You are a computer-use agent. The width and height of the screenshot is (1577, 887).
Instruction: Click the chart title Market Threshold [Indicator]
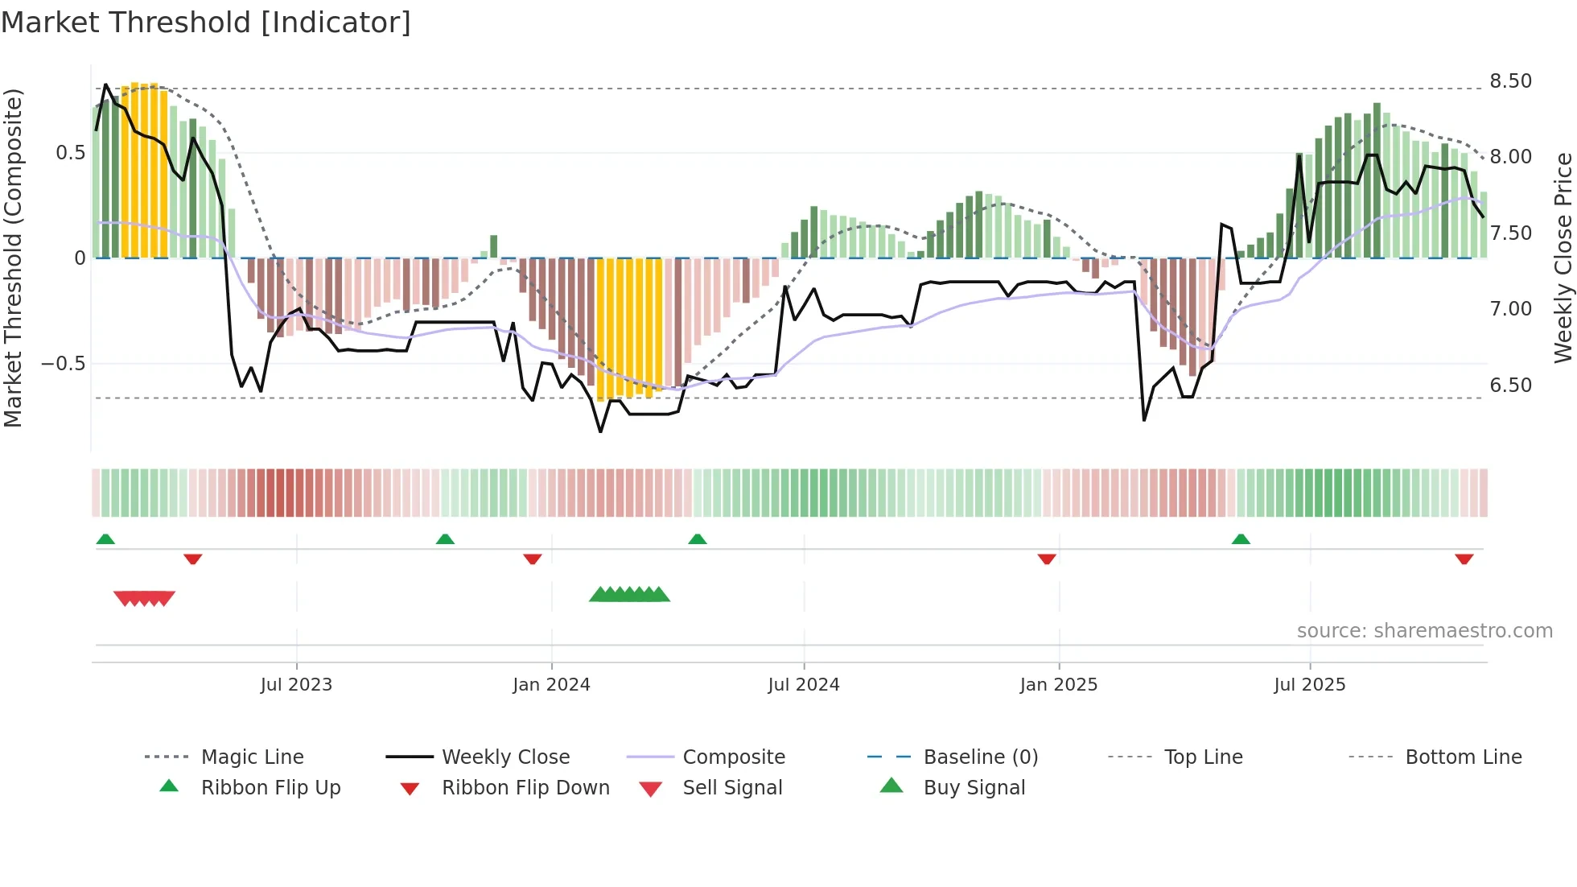[206, 23]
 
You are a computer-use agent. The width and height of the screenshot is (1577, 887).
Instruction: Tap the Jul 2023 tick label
[296, 685]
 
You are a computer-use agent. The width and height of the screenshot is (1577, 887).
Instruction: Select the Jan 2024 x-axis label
[551, 685]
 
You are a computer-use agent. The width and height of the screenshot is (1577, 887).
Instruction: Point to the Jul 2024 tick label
[803, 685]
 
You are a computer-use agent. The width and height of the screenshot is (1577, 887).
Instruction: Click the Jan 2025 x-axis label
[1058, 685]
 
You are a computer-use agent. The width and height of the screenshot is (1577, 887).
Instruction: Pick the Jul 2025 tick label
[1309, 685]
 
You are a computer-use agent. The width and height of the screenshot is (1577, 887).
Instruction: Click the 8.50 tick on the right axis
[1510, 81]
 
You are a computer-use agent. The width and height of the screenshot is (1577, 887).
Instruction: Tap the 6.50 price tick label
[1510, 386]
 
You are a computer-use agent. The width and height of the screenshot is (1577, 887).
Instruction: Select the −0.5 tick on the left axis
[63, 364]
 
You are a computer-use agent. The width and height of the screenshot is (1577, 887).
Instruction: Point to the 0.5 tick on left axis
[70, 153]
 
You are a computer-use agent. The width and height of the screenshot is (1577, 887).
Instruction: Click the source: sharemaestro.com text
[1424, 631]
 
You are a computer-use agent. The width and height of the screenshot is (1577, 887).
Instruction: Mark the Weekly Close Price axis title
[1563, 258]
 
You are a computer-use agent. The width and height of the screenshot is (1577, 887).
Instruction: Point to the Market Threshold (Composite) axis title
[13, 258]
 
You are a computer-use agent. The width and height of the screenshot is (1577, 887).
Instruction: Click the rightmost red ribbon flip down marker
[1464, 559]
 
